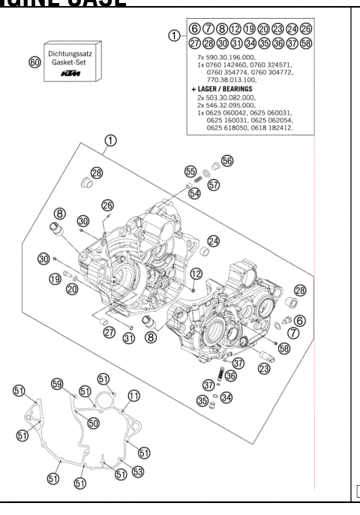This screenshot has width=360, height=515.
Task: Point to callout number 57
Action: pyautogui.click(x=214, y=185)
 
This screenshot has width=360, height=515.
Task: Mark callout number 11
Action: pyautogui.click(x=133, y=395)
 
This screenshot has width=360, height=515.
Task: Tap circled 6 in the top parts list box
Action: pyautogui.click(x=194, y=30)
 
